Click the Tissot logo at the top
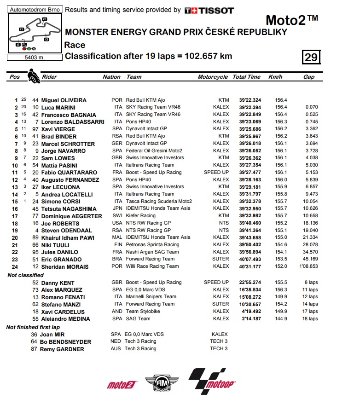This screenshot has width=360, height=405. pyautogui.click(x=209, y=10)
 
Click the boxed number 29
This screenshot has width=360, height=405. pyautogui.click(x=311, y=57)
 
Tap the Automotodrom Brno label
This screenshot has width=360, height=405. pyautogui.click(x=35, y=9)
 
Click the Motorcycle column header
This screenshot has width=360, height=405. pyautogui.click(x=213, y=77)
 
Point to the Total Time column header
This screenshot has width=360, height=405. pyautogui.click(x=246, y=77)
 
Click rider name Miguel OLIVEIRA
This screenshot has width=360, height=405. pyautogui.click(x=64, y=100)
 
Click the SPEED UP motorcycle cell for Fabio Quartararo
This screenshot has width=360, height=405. pyautogui.click(x=216, y=172)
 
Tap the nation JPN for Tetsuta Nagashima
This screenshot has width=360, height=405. pyautogui.click(x=117, y=208)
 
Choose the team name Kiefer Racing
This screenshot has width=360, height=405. pyautogui.click(x=141, y=216)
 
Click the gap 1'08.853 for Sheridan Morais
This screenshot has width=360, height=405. pyautogui.click(x=309, y=266)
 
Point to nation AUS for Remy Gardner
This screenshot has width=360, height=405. pyautogui.click(x=117, y=349)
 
